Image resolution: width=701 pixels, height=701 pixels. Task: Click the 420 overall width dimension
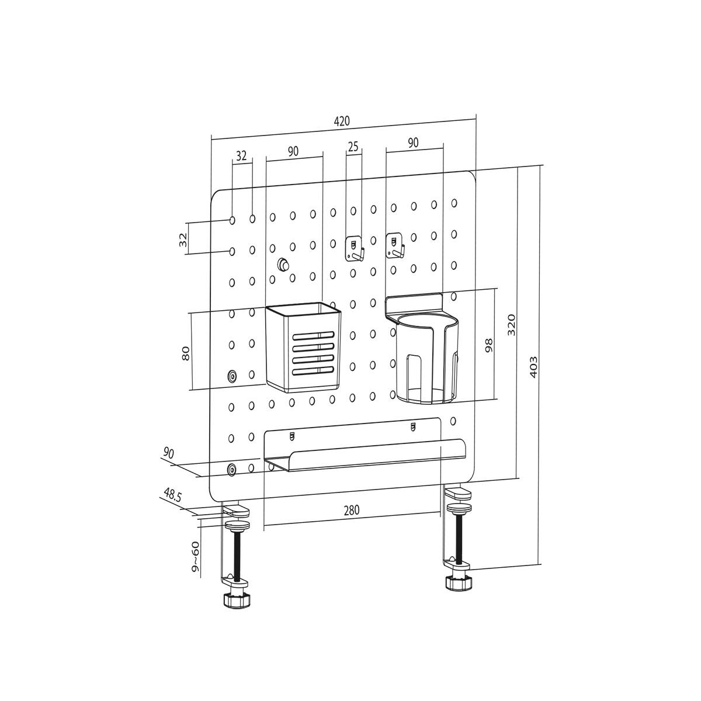pos(342,122)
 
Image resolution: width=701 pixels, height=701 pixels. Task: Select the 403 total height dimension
pos(533,366)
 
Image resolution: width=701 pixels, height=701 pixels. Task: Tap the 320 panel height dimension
pos(511,324)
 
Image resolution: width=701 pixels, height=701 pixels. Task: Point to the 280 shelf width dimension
pos(351,509)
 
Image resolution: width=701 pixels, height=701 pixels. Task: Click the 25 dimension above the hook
pos(353,147)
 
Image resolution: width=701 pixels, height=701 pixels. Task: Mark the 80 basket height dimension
pos(186,352)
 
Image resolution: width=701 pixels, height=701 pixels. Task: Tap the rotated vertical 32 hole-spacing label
pos(183,239)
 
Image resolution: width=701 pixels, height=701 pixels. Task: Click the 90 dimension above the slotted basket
pos(293,151)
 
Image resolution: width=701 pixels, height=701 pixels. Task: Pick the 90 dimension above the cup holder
pos(413,143)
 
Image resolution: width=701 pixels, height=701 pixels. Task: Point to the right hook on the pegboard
pos(395,245)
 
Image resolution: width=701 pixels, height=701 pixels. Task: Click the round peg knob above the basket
pos(283,264)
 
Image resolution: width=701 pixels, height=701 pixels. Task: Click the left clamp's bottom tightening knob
pos(236,600)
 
